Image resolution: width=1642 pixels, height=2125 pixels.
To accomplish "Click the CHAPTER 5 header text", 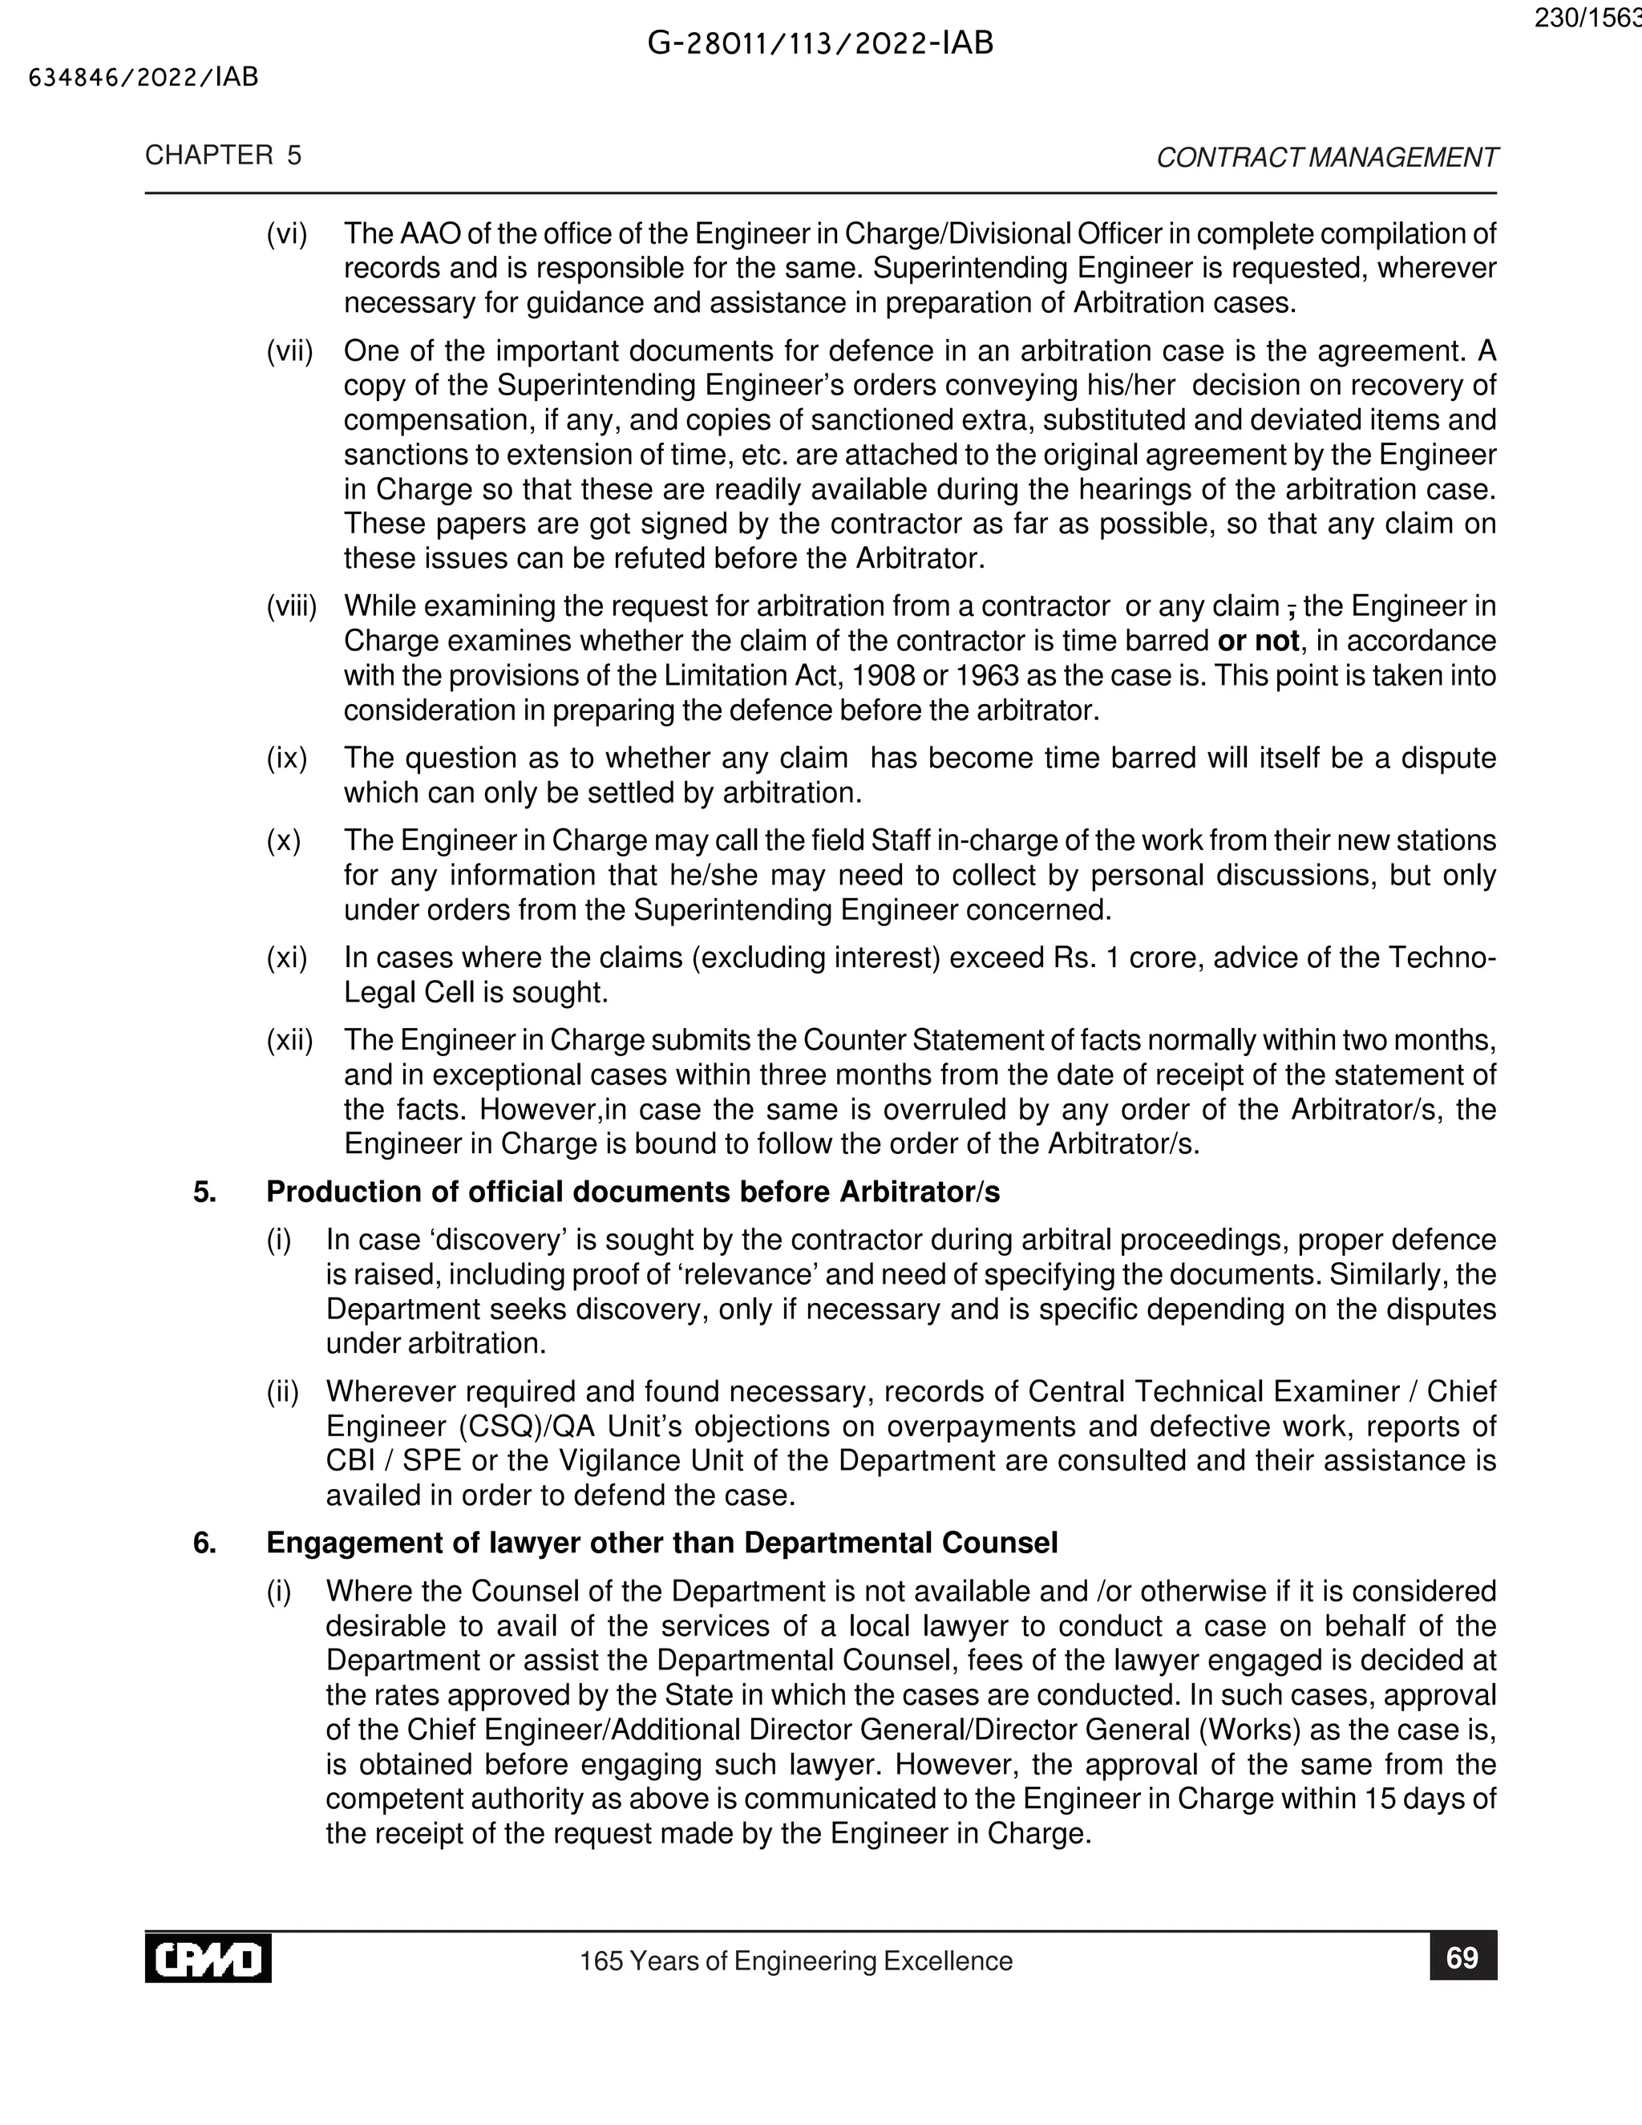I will pyautogui.click(x=224, y=156).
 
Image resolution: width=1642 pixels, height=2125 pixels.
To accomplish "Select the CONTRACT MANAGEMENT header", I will pyautogui.click(x=1327, y=158).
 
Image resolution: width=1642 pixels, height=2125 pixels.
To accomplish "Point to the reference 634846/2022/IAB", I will pyautogui.click(x=144, y=78).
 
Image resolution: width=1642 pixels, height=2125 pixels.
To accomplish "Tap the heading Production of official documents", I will pyautogui.click(x=633, y=1192).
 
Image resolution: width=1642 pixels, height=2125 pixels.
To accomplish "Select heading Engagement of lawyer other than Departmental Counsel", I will pyautogui.click(x=661, y=1543).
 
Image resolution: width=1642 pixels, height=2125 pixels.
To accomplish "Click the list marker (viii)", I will pyautogui.click(x=292, y=607).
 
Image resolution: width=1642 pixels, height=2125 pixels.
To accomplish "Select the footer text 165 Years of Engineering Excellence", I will pyautogui.click(x=795, y=1961).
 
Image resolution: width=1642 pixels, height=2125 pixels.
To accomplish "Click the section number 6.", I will pyautogui.click(x=204, y=1543).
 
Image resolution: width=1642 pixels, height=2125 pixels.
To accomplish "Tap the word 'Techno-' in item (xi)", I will pyautogui.click(x=1442, y=958).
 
